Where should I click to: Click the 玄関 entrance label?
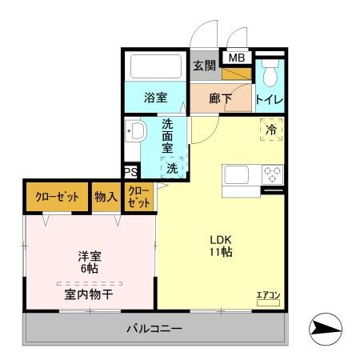[x=205, y=66]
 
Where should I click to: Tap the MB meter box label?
[x=237, y=58]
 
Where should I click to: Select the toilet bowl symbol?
[x=270, y=74]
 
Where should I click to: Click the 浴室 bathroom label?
[x=156, y=98]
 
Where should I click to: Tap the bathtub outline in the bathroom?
[x=156, y=66]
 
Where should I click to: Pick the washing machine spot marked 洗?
[x=172, y=169]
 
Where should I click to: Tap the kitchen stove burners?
[x=274, y=174]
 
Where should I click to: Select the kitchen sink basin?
[x=238, y=174]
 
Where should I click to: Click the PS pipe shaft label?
[x=130, y=171]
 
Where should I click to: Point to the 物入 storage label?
[x=106, y=197]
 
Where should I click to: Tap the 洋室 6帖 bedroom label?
[x=89, y=263]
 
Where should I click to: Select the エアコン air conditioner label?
[x=268, y=295]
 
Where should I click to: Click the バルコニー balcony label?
[x=154, y=329]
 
